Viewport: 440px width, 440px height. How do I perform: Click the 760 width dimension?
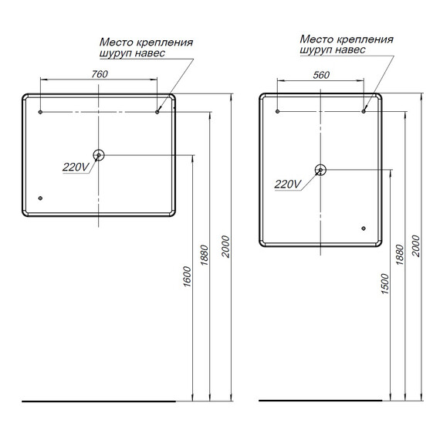point(98,74)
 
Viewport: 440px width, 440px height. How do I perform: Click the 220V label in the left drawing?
point(75,167)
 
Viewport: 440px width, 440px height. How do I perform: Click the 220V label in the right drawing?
point(287,184)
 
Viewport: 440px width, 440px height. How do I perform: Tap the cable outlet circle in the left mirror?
point(99,155)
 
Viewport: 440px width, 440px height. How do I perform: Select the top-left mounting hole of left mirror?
point(40,113)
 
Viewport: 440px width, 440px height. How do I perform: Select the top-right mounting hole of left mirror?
point(157,113)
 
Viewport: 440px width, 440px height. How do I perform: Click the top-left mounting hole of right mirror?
point(278,112)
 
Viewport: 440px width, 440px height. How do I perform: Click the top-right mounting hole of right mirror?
point(364,112)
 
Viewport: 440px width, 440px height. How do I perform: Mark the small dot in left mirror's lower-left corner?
point(40,198)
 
